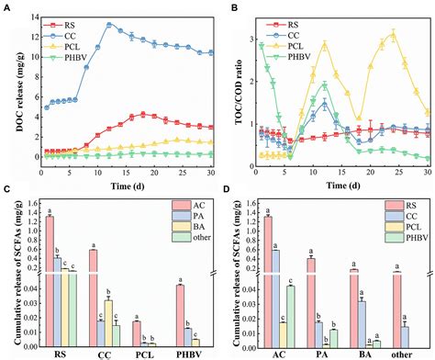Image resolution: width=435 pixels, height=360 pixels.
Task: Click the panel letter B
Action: [x=226, y=6]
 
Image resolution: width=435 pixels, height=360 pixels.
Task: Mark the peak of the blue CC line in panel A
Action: [x=109, y=25]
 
